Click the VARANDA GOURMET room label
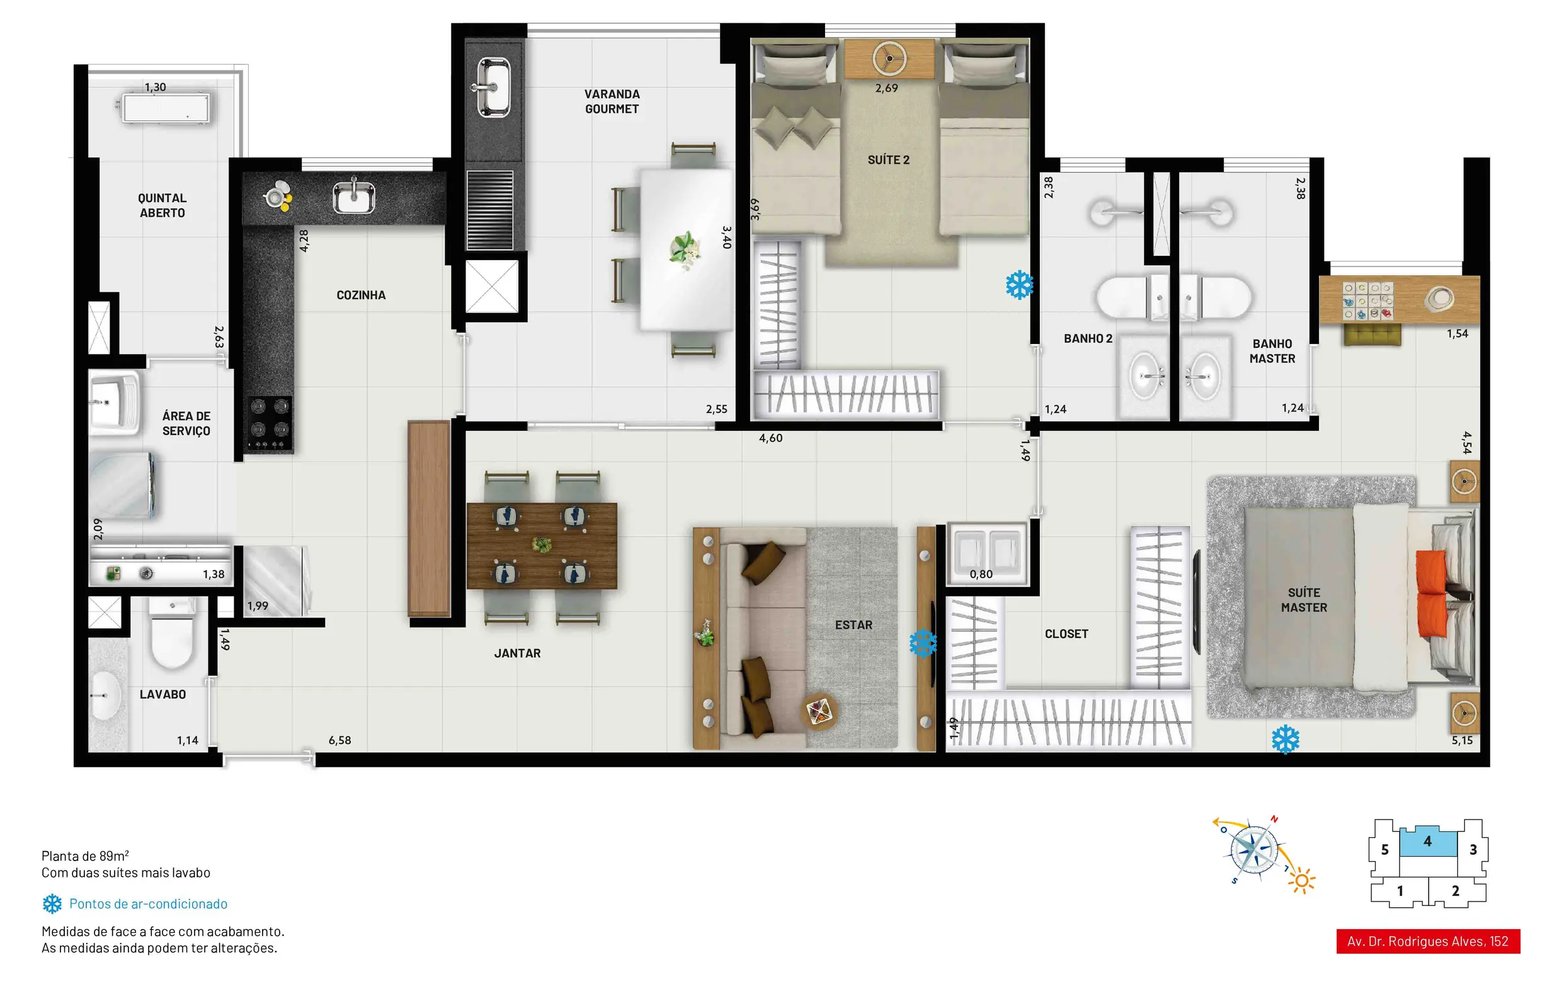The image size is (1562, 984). (612, 102)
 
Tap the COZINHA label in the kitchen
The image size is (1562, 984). (361, 295)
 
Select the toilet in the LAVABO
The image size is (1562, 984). (173, 632)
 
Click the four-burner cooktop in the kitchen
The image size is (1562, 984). (270, 423)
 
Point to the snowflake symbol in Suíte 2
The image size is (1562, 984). (1019, 285)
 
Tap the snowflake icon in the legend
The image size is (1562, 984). (52, 903)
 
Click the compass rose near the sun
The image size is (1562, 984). (1254, 851)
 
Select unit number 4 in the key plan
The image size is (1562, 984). (1427, 841)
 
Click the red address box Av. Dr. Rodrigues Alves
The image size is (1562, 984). (1428, 941)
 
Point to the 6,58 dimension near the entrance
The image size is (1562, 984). (339, 740)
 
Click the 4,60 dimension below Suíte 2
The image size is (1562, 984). (771, 438)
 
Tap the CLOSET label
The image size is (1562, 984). (1066, 634)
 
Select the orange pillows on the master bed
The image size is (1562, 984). (1432, 593)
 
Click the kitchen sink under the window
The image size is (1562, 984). (353, 197)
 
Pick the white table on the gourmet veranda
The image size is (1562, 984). (687, 249)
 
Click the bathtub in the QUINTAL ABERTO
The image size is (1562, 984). (164, 108)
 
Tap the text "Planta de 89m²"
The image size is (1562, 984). (85, 855)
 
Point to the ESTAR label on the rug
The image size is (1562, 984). (853, 625)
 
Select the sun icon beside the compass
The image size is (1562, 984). (1301, 881)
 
